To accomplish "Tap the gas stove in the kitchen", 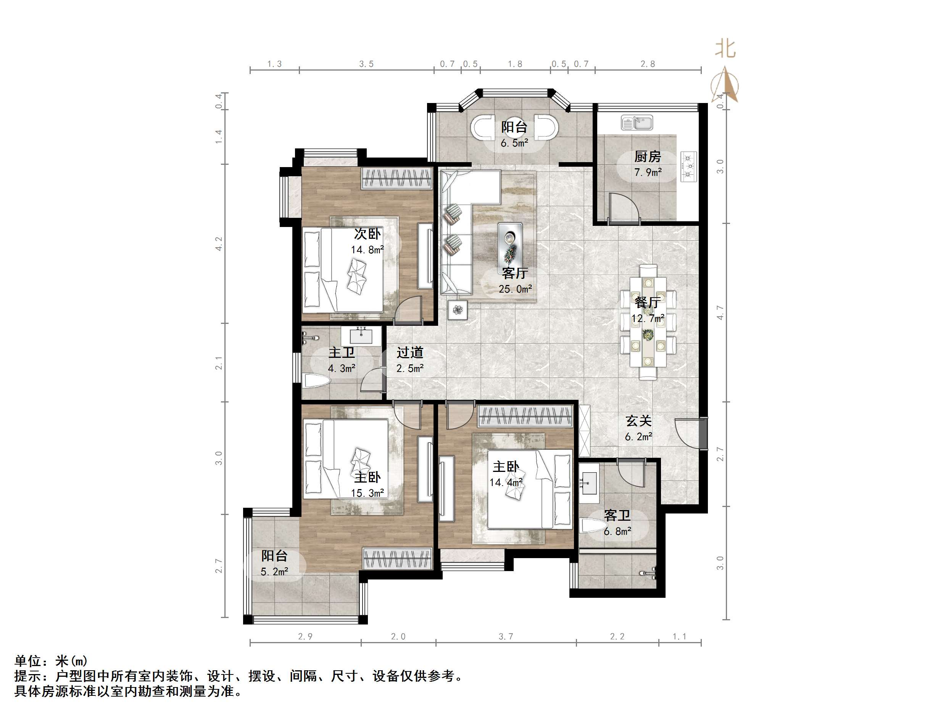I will point(689,166).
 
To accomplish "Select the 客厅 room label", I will point(515,273).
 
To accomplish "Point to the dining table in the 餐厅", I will point(648,322).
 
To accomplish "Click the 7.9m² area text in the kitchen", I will point(648,173).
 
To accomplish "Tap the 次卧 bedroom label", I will point(367,234).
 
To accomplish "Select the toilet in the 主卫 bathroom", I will point(316,381).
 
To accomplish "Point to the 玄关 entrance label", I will point(638,421).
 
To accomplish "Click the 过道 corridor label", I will point(410,352).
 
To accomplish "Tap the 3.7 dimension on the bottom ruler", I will point(506,636).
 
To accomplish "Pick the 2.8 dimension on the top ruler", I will point(648,64).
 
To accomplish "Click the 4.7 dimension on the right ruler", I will point(720,312).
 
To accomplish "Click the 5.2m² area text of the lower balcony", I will point(274,571).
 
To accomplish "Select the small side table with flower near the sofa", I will point(458,309).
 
